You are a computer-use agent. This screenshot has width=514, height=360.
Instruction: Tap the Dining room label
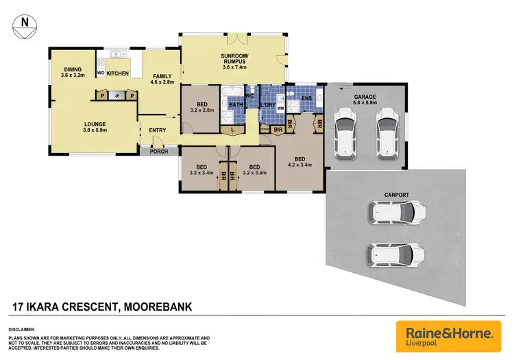coord(73,72)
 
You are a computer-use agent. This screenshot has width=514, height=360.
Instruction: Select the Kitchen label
coord(117,73)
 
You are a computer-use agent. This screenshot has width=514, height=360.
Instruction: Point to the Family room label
coord(162,80)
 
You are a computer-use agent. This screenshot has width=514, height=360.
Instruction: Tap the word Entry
coord(158,130)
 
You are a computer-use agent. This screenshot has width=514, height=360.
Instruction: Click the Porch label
coord(159,152)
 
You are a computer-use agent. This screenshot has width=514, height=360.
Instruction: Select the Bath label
coord(236,105)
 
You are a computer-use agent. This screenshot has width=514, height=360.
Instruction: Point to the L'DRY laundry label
coord(268,104)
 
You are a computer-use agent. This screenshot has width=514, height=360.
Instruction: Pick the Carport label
coord(397,195)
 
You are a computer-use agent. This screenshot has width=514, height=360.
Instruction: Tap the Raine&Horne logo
coord(443,335)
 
